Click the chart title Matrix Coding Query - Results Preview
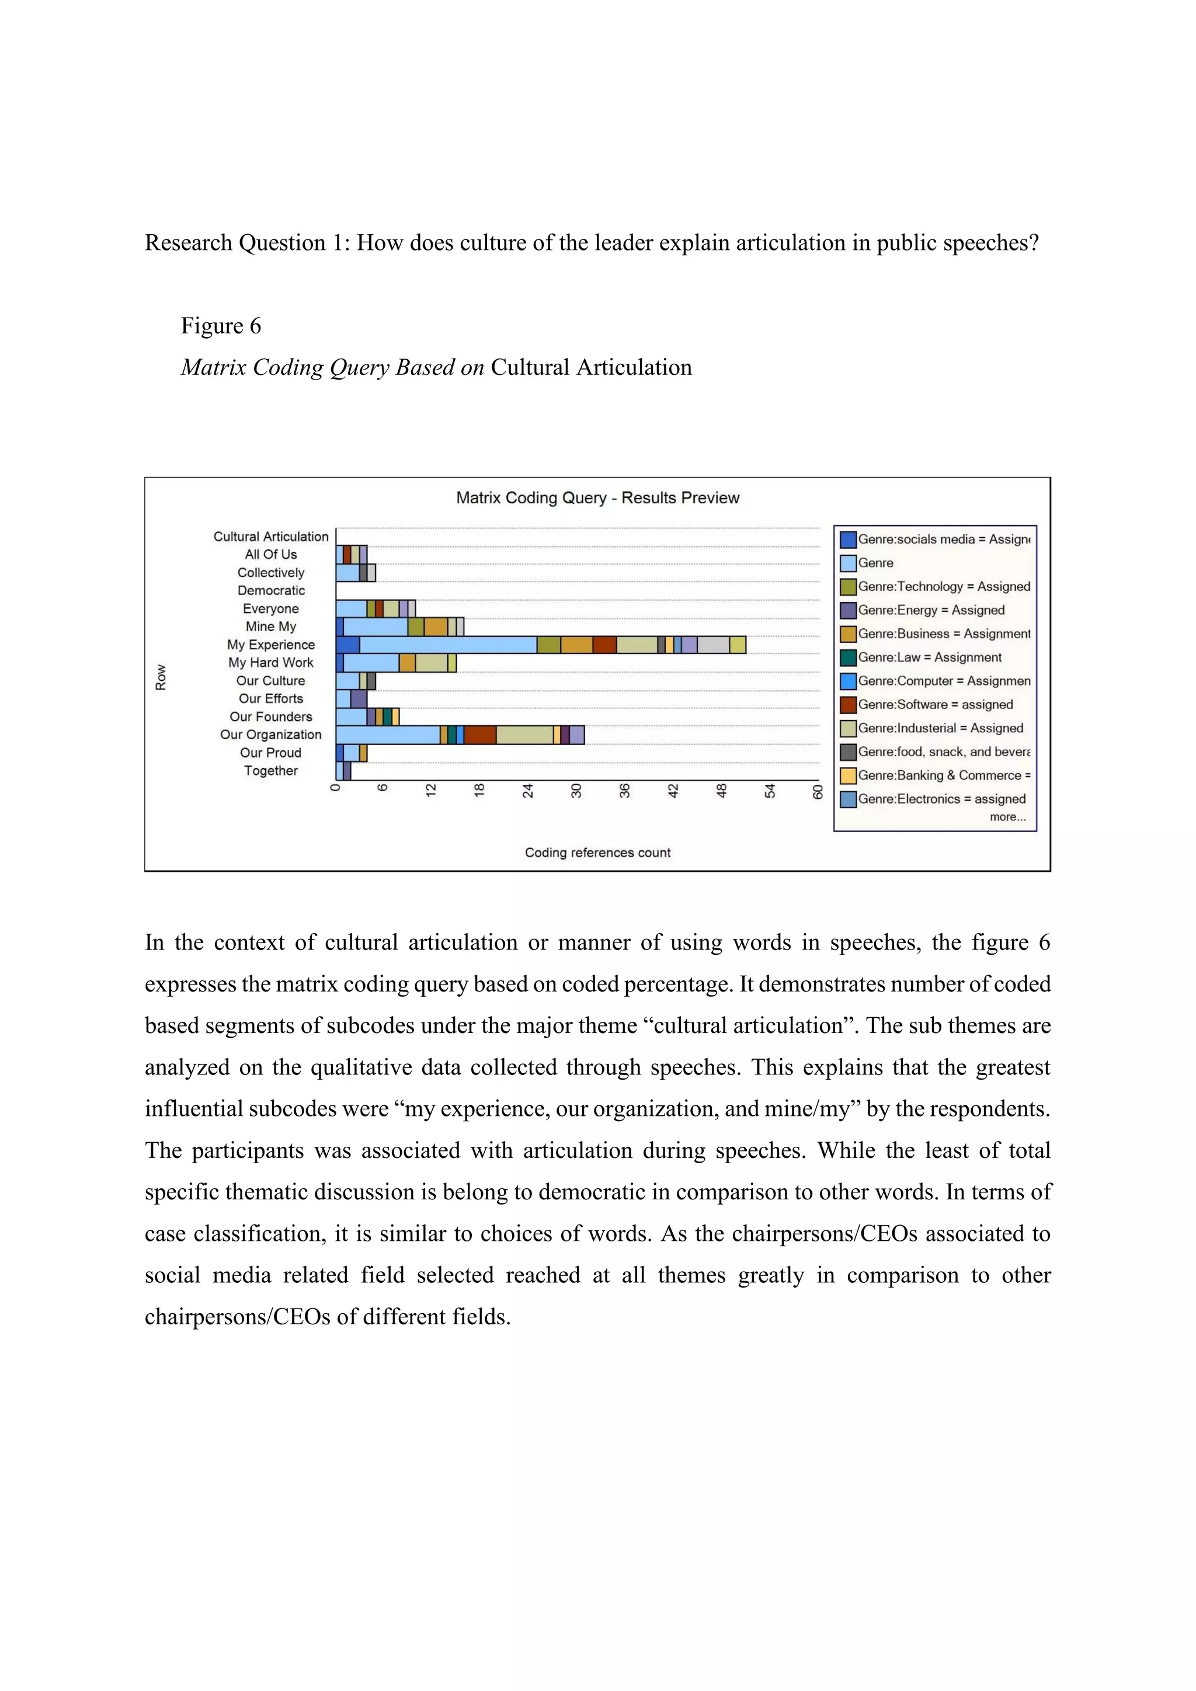(x=597, y=498)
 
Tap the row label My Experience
(x=270, y=645)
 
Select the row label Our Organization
(x=270, y=735)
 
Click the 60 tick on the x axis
(x=818, y=792)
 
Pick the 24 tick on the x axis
(x=528, y=792)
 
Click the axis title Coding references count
(x=597, y=853)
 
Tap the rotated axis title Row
(x=161, y=677)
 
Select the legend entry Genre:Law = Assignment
(x=929, y=657)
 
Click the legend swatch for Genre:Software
(x=849, y=705)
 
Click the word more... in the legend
(x=1007, y=817)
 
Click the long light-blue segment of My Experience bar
(x=448, y=645)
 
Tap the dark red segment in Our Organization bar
(x=479, y=735)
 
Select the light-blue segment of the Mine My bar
(x=375, y=627)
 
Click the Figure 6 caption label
(x=221, y=326)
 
